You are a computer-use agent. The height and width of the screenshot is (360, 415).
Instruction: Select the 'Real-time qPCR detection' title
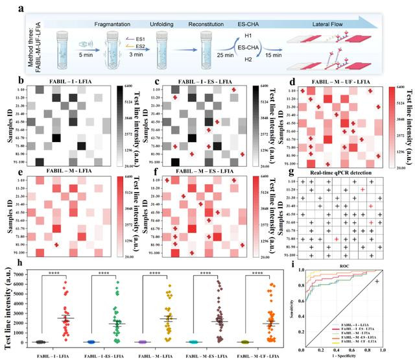tap(344, 169)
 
